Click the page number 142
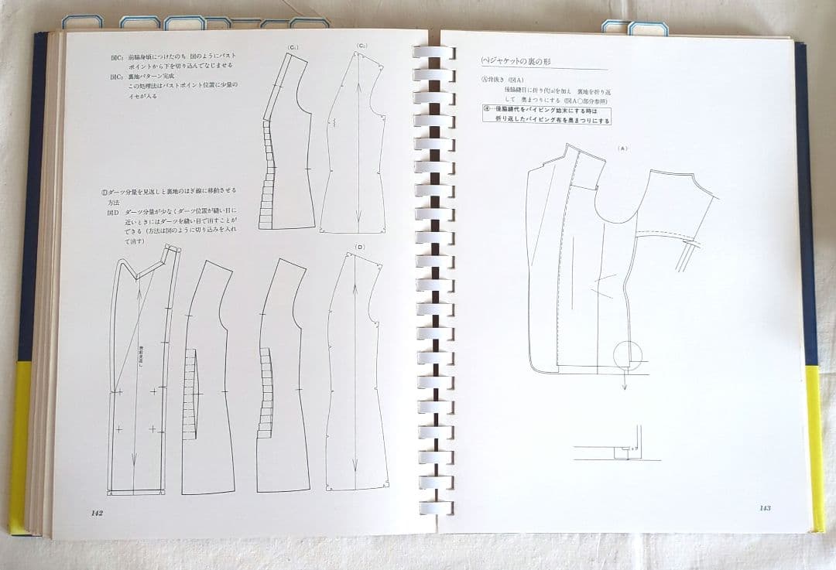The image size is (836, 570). [97, 513]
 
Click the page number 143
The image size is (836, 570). [764, 508]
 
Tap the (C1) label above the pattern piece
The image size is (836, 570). [293, 48]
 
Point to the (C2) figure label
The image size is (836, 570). [361, 46]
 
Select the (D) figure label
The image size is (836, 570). [360, 247]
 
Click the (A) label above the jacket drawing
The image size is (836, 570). [622, 147]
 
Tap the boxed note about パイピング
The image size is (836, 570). [546, 115]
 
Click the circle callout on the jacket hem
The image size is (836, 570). [627, 354]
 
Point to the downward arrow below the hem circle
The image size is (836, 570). [624, 381]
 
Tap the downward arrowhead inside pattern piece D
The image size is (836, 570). [356, 483]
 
